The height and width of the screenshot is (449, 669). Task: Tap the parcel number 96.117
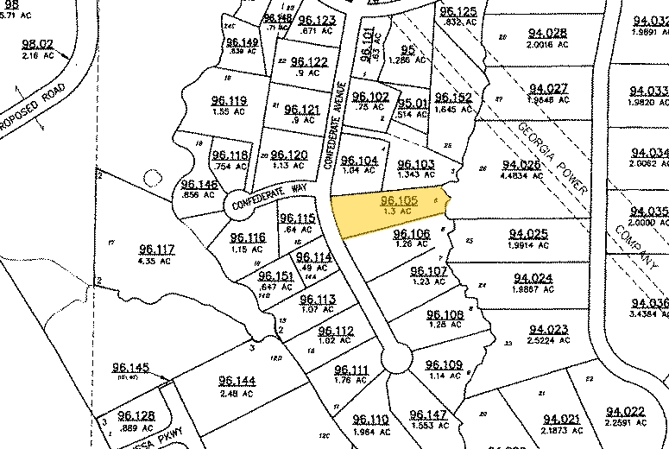point(156,250)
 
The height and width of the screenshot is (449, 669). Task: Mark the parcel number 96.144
point(237,381)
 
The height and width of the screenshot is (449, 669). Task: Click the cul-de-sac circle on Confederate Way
point(240,206)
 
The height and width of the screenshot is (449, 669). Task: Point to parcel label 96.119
point(229,100)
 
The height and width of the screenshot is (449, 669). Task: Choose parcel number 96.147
point(428,415)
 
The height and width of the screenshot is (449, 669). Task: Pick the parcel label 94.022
point(626,411)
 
